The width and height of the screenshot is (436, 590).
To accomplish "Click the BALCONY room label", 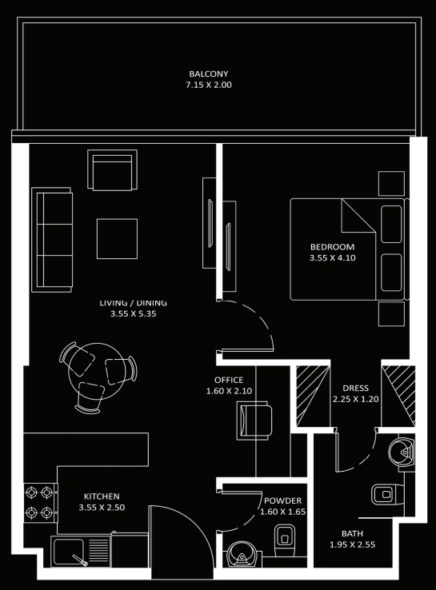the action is pyautogui.click(x=209, y=74).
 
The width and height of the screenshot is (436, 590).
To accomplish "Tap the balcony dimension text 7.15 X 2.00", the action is pyautogui.click(x=209, y=85).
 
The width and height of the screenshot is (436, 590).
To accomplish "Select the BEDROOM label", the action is pyautogui.click(x=333, y=247).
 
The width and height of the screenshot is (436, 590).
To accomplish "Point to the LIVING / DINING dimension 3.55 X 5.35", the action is pyautogui.click(x=134, y=314).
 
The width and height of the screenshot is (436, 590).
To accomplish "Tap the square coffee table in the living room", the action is pyautogui.click(x=117, y=239).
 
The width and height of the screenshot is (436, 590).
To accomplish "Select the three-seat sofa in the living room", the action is pyautogui.click(x=52, y=240).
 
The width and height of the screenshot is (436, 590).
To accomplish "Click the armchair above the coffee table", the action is pyautogui.click(x=112, y=169).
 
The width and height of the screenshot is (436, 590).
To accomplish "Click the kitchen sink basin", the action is pyautogui.click(x=69, y=552).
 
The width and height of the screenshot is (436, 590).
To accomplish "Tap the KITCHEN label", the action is pyautogui.click(x=102, y=496).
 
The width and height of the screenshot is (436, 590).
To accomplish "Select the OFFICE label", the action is pyautogui.click(x=229, y=380).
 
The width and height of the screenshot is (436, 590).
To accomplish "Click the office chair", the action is pyautogui.click(x=254, y=421).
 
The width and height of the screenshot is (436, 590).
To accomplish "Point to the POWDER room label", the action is pyautogui.click(x=282, y=500).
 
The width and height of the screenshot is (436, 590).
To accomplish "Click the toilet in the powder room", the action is pyautogui.click(x=284, y=540).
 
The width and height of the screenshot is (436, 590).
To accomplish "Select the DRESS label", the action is pyautogui.click(x=355, y=389).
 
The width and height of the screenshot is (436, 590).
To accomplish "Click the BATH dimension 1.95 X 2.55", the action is pyautogui.click(x=353, y=544).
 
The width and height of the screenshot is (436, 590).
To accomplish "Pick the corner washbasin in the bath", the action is pyautogui.click(x=402, y=451).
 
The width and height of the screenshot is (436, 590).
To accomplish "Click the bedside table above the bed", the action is pyautogui.click(x=391, y=183).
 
